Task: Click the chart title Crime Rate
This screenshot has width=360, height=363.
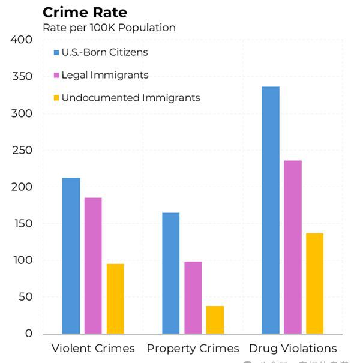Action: (x=85, y=13)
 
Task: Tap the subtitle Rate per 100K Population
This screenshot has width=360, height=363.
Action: (x=109, y=28)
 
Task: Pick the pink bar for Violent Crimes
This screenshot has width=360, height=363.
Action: (x=93, y=265)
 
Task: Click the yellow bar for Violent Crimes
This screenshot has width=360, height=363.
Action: (x=115, y=298)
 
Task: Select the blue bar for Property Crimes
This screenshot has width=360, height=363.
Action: (x=170, y=273)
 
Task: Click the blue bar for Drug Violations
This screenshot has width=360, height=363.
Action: (x=270, y=210)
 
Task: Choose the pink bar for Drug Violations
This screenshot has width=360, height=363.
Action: (x=292, y=247)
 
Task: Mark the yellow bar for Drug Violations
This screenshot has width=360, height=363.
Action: (x=314, y=283)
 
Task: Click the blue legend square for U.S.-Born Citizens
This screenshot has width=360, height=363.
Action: (x=56, y=52)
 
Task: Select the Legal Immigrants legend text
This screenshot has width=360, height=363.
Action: (x=105, y=75)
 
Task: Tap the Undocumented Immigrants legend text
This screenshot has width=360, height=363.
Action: (x=131, y=97)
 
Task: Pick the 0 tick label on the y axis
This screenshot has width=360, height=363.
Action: (x=29, y=334)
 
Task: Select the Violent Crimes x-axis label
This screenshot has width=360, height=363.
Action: (x=93, y=349)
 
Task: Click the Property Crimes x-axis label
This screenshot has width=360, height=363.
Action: (x=193, y=349)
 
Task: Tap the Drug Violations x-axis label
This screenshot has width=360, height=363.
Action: (x=293, y=349)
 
